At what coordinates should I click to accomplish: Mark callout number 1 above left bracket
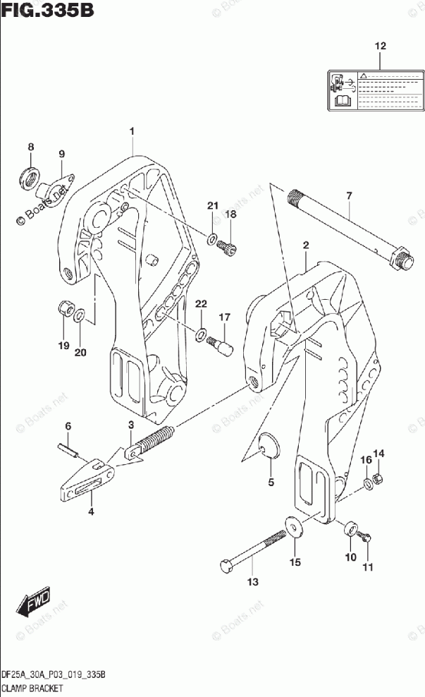click(x=131, y=131)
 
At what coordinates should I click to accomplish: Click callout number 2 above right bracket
click(x=306, y=245)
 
